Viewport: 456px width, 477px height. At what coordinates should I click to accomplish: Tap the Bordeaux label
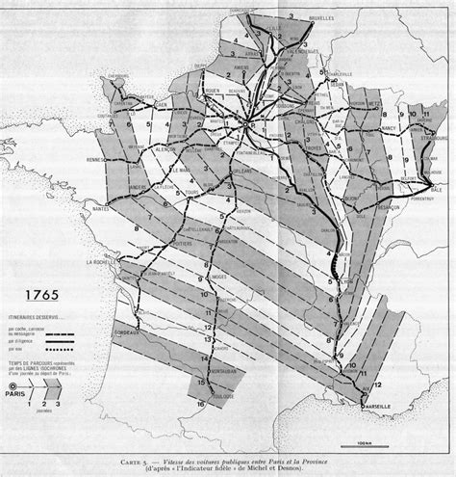tap(127, 331)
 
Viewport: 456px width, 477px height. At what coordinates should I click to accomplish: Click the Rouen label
tap(212, 93)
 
